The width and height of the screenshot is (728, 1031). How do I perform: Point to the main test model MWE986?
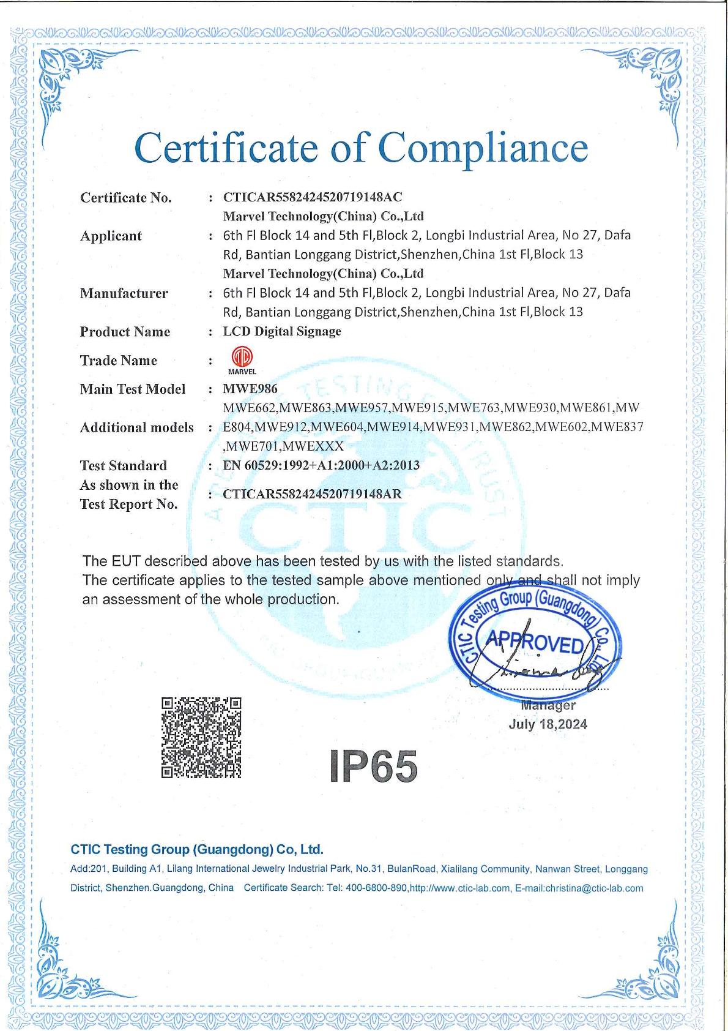point(250,389)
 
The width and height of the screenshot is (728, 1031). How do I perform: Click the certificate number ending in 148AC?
point(313,197)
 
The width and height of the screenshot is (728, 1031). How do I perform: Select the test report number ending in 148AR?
point(313,494)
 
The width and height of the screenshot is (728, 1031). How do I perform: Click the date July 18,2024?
point(548,724)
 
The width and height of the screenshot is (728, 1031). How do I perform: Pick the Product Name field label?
point(125,332)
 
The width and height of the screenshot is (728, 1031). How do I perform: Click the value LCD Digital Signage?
point(282,331)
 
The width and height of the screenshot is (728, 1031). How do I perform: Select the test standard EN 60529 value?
point(321,465)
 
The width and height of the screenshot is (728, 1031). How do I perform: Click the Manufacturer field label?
point(124,293)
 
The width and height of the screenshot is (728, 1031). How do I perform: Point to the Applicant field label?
point(111,236)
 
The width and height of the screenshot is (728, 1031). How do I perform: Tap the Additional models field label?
point(136,427)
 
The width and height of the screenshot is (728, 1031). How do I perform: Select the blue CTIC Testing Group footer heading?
point(197,849)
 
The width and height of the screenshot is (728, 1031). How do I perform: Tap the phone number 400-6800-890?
point(376,888)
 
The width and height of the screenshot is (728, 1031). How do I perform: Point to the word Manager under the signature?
point(548,706)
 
